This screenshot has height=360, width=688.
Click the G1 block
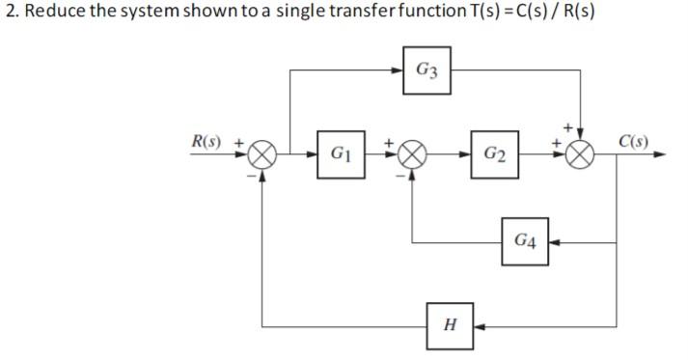coord(340,154)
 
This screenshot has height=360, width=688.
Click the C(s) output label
coord(633,142)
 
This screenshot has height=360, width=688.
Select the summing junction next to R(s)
coord(264,154)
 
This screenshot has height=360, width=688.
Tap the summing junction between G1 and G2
coord(413,154)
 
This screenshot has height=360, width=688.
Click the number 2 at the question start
coord(9,13)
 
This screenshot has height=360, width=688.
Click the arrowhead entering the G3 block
coord(401,70)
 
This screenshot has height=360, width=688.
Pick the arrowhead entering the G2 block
coord(466,154)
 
